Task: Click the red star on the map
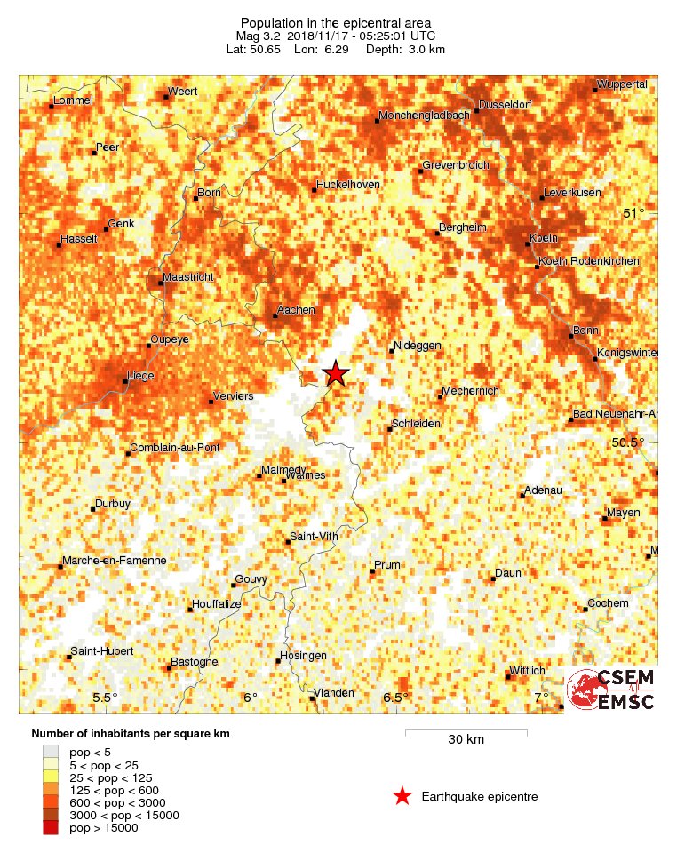[x=335, y=373]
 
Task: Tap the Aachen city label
[x=296, y=309]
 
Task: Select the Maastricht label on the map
[x=189, y=277]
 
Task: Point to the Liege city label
[x=140, y=376]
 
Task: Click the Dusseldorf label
[x=503, y=105]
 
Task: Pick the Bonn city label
[x=585, y=330]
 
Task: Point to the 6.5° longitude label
[x=395, y=698]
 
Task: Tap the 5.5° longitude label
[x=105, y=698]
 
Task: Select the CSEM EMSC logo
[x=611, y=690]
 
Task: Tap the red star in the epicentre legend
[x=402, y=796]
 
